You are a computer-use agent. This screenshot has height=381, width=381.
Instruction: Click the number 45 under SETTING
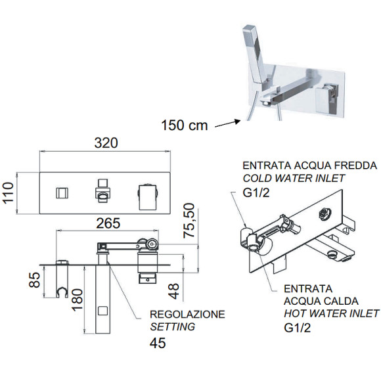point(158,342)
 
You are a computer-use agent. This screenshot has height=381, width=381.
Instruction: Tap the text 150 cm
point(185,125)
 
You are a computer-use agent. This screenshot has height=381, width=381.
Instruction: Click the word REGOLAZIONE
point(188,314)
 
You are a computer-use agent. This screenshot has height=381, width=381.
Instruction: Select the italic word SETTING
point(173,326)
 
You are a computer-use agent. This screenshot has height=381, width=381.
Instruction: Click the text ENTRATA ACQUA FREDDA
point(309,164)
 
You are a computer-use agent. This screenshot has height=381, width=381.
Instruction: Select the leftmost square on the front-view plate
point(60,193)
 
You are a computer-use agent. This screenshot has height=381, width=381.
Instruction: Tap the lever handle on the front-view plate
point(148,194)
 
